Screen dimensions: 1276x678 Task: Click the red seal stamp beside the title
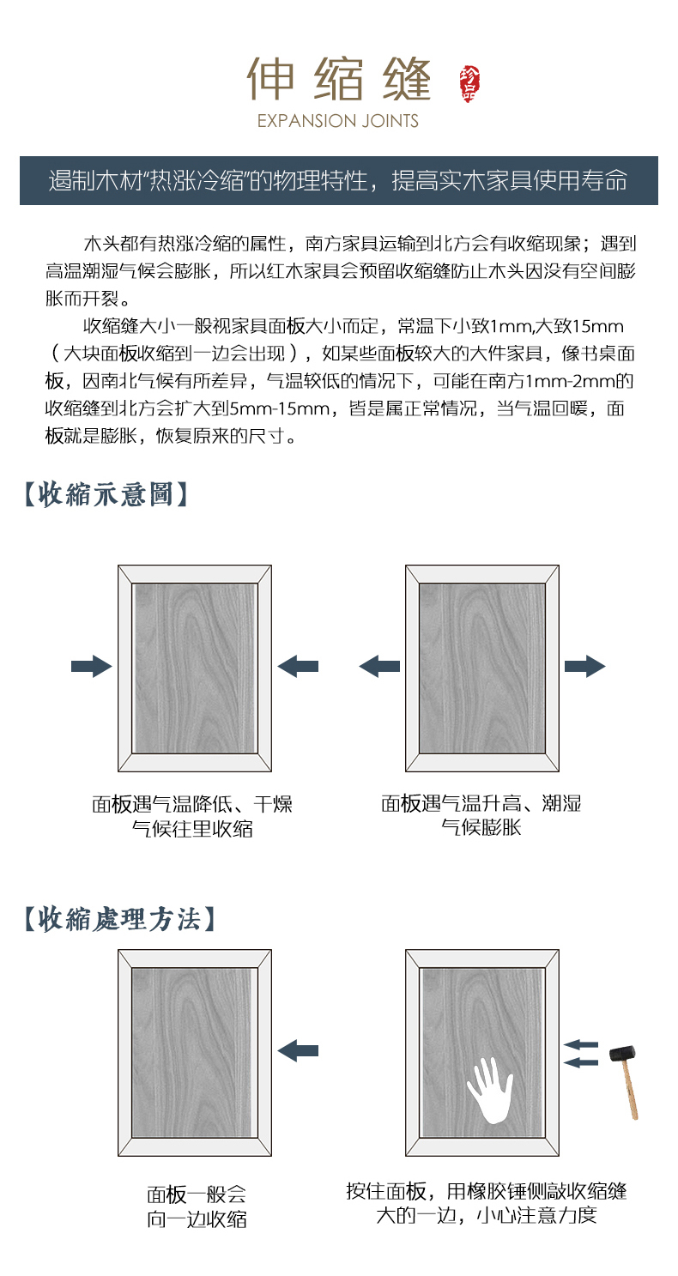pyautogui.click(x=470, y=82)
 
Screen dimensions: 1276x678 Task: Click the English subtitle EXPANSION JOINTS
pyautogui.click(x=338, y=121)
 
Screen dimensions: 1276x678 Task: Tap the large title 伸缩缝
pyautogui.click(x=338, y=79)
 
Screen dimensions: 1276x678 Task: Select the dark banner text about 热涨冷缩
pyautogui.click(x=338, y=180)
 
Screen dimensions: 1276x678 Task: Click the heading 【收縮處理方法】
pyautogui.click(x=118, y=919)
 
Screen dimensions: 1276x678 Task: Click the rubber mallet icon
pyautogui.click(x=627, y=1077)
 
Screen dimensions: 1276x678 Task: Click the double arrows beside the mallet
pyautogui.click(x=582, y=1054)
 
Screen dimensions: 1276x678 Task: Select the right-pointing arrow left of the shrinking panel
pyautogui.click(x=91, y=667)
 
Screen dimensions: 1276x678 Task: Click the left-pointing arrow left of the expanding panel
pyautogui.click(x=379, y=667)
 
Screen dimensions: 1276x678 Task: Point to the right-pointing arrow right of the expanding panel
pyautogui.click(x=585, y=667)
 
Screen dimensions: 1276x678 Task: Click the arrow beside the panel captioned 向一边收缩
pyautogui.click(x=298, y=1049)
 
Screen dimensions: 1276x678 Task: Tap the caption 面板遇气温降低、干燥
pyautogui.click(x=192, y=805)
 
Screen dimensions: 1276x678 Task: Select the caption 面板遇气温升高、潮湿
pyautogui.click(x=481, y=805)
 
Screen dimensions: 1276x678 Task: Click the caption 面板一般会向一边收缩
pyautogui.click(x=196, y=1206)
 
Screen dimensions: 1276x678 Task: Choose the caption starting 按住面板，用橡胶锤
pyautogui.click(x=487, y=1193)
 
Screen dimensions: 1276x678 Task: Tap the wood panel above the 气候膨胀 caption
pyautogui.click(x=482, y=667)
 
